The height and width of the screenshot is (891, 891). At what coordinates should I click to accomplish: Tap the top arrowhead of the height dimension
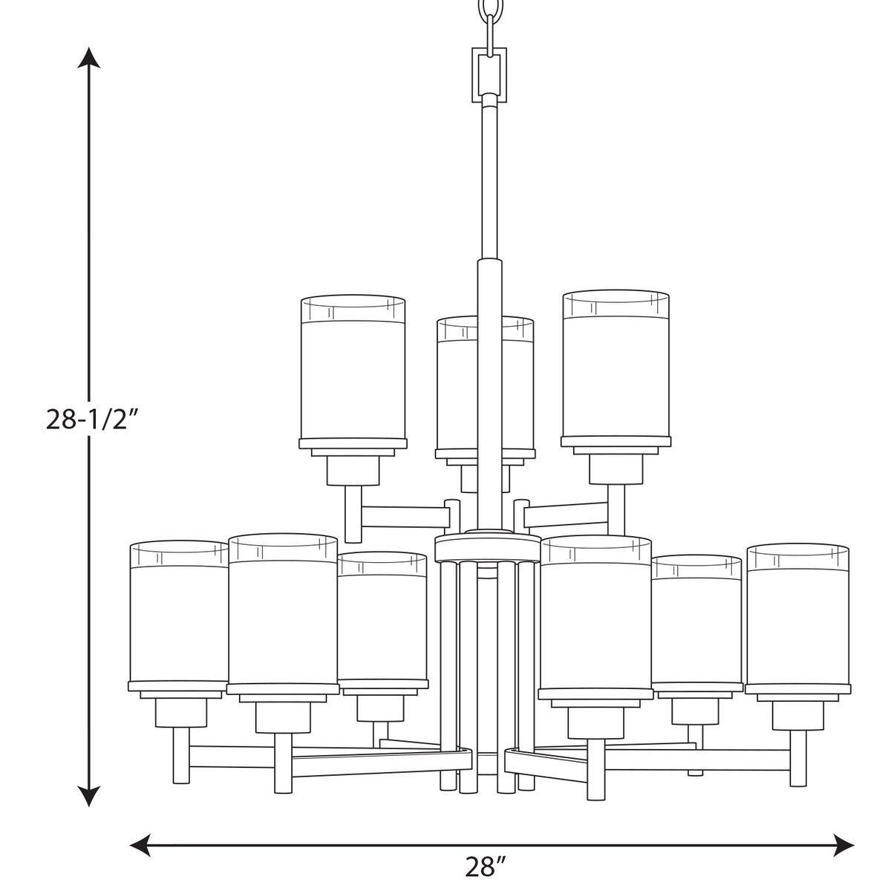(90, 58)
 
